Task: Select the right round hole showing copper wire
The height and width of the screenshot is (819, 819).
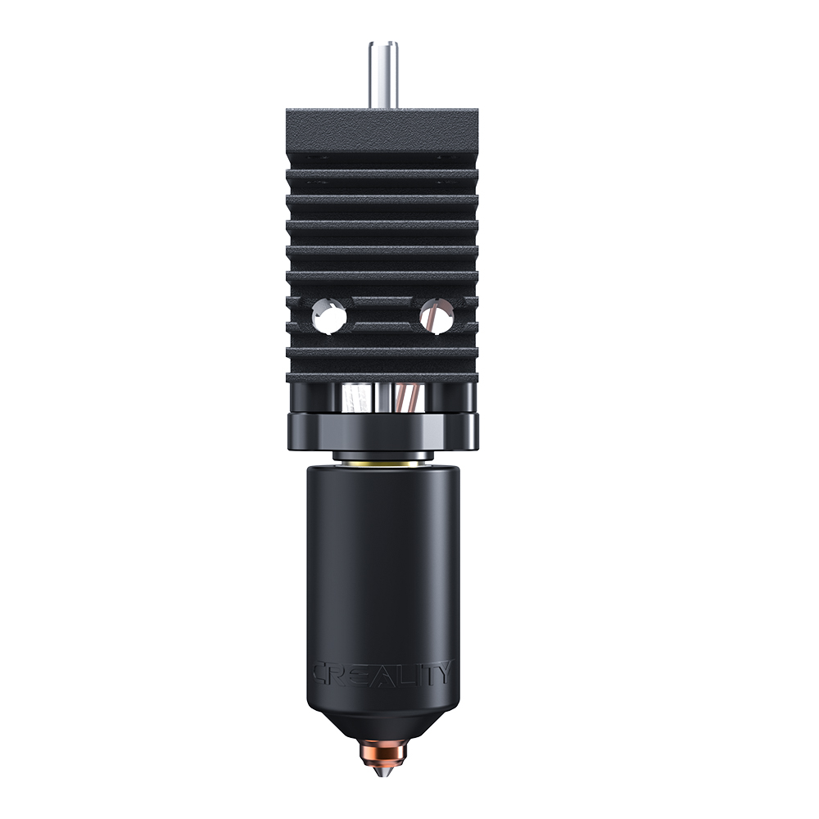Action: [x=434, y=314]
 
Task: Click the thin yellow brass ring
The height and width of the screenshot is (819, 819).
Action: [x=382, y=463]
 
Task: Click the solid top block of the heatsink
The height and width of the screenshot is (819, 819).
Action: [x=382, y=131]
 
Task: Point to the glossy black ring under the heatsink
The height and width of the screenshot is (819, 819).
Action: [x=382, y=429]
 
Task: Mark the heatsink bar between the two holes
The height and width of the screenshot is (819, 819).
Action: [x=382, y=314]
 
